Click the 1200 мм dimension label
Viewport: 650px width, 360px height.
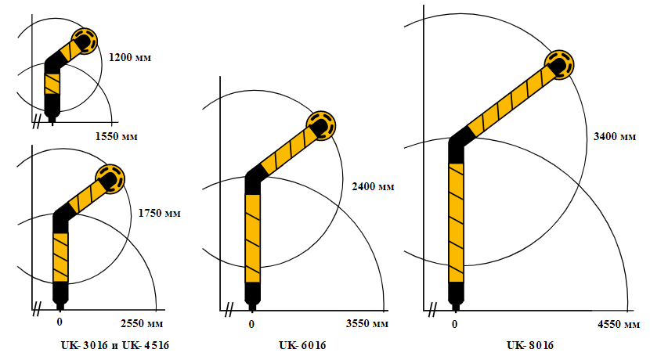130,57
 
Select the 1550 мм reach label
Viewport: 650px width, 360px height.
116,136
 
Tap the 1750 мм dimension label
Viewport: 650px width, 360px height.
159,214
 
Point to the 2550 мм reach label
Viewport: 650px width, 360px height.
142,323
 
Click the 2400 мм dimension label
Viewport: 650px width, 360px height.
373,187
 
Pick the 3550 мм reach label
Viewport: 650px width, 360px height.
367,323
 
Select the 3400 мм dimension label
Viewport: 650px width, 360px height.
615,136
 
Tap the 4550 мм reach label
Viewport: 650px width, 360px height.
619,324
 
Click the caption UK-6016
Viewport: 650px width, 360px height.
302,345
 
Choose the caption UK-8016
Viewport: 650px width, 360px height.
529,345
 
